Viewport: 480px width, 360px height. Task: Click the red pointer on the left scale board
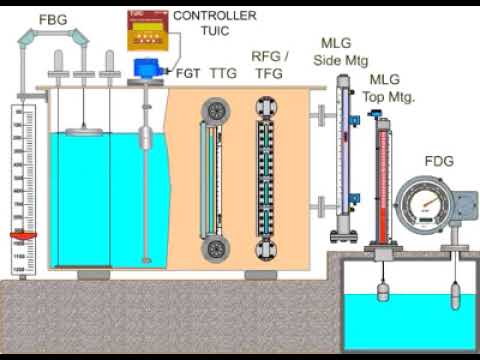click(23, 236)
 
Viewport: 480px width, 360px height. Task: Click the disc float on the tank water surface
click(82, 130)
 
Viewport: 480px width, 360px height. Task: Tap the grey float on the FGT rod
click(147, 137)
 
